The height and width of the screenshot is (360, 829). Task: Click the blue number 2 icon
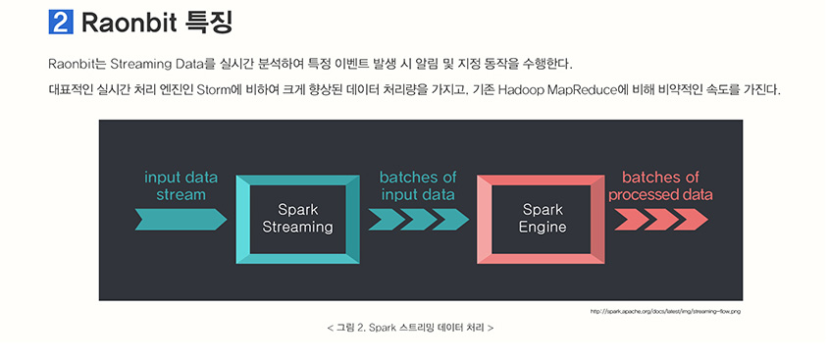[61, 22]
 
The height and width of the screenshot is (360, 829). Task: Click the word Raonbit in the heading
[130, 23]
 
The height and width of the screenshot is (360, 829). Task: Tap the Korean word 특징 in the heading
[210, 22]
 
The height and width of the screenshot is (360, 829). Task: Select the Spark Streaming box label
[297, 219]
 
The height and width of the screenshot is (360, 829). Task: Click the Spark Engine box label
[542, 219]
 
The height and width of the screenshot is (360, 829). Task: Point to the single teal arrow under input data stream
[181, 220]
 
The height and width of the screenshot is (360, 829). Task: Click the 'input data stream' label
[181, 185]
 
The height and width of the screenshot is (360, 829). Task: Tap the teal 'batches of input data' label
[418, 185]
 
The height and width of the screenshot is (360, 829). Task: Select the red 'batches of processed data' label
[660, 185]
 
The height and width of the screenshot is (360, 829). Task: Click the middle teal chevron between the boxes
[419, 220]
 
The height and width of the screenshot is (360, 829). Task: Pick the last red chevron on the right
[691, 220]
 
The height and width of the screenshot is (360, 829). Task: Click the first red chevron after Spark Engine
[631, 220]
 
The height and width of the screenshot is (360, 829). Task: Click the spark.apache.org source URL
[665, 311]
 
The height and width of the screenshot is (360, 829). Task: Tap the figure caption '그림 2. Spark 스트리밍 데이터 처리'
[410, 328]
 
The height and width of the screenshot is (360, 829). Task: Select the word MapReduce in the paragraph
[582, 90]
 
